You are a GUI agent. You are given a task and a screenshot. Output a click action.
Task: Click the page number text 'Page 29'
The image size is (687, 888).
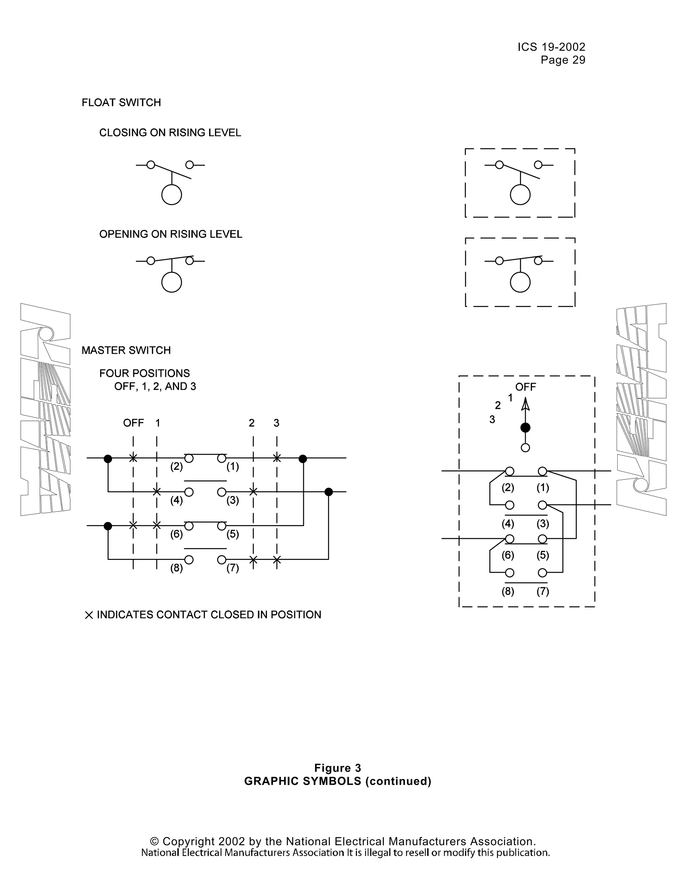tap(563, 60)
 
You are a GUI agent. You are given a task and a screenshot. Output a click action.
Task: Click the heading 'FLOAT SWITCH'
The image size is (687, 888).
tap(121, 103)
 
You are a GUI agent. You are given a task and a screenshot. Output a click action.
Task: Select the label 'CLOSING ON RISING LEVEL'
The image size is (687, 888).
tap(170, 133)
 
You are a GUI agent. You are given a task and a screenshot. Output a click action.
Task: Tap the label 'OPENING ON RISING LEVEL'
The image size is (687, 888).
tap(170, 234)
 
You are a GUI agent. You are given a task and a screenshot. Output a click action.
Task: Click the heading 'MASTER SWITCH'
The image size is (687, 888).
tap(126, 351)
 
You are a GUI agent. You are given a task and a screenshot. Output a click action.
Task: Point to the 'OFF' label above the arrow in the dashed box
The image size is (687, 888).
tap(525, 387)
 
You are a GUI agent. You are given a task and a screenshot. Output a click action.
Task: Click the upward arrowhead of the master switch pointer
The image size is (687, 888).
tap(525, 404)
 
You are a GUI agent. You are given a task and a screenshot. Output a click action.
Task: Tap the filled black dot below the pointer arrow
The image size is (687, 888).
tap(525, 428)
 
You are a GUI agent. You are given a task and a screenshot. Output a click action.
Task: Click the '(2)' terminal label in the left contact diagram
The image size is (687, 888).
tap(176, 466)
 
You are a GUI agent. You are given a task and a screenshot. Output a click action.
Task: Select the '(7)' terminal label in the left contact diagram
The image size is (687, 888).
tap(233, 568)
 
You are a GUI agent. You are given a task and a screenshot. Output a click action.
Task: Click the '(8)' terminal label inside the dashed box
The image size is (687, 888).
tap(508, 591)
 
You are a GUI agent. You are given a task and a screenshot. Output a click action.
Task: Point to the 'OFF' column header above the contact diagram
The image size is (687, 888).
tap(134, 423)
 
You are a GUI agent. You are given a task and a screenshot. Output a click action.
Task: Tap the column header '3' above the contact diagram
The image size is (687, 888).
tap(276, 423)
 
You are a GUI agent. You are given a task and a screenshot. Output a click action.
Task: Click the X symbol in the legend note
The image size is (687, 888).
tap(89, 615)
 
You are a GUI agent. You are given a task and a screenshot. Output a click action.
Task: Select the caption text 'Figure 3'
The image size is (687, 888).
tap(337, 768)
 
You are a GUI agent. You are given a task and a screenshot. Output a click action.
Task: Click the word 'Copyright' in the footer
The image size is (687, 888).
tap(189, 841)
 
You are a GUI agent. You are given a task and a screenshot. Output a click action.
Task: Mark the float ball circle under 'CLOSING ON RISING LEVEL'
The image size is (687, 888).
tap(171, 195)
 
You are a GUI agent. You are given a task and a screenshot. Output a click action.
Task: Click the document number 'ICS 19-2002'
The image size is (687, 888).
tap(551, 47)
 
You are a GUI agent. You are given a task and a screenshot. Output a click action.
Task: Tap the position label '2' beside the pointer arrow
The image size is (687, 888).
tap(497, 405)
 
